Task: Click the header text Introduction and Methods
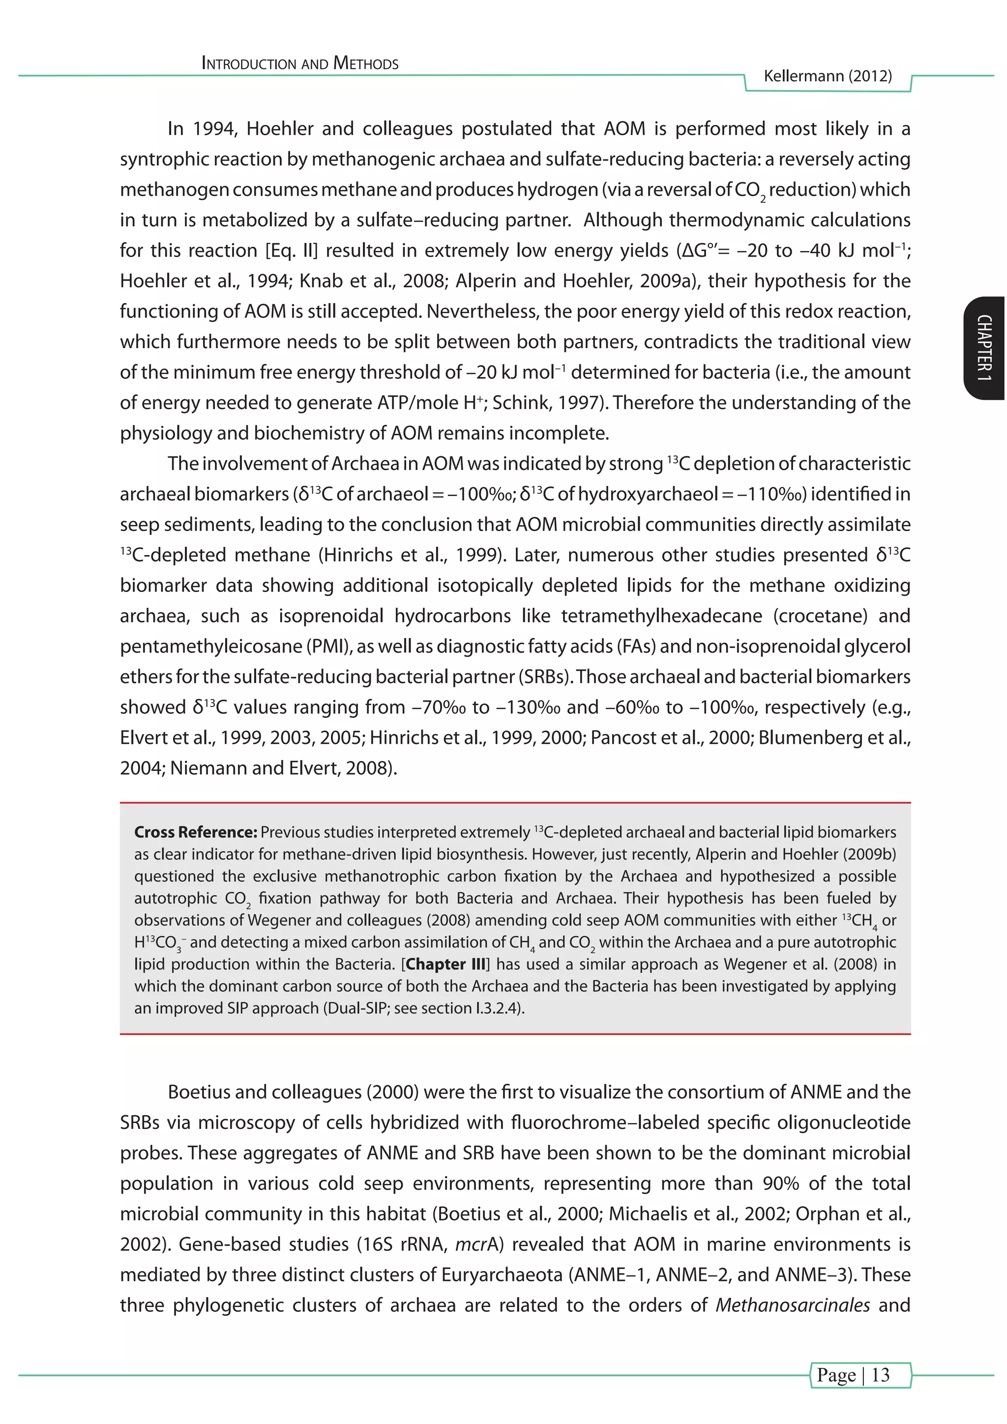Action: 300,63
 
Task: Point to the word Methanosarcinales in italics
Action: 793,1305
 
